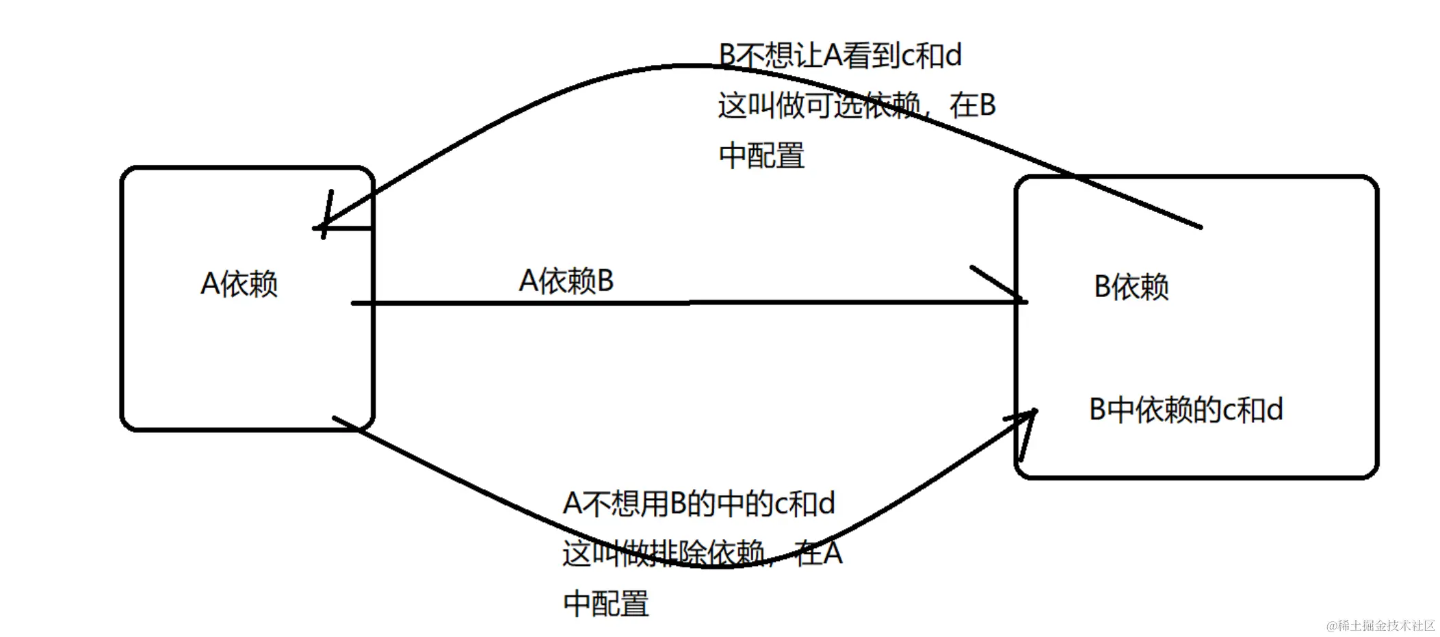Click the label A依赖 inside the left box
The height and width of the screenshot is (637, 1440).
[239, 283]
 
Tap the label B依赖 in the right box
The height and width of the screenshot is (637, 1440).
[1131, 287]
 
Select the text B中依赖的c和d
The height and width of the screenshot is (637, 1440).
[1186, 410]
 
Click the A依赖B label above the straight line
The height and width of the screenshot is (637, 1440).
[566, 281]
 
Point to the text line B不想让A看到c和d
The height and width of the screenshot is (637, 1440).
[840, 55]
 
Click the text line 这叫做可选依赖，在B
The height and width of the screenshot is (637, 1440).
[856, 105]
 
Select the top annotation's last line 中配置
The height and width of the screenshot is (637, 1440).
[761, 155]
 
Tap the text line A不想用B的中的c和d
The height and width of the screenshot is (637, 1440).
[698, 504]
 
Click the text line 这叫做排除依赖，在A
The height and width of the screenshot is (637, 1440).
[702, 553]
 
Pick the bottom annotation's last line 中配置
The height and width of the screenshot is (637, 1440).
[606, 603]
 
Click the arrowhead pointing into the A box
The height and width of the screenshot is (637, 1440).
[320, 226]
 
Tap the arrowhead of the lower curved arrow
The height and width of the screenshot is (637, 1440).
[1033, 413]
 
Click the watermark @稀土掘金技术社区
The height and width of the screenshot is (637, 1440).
[1380, 625]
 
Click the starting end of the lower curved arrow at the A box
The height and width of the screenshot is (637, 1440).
[335, 417]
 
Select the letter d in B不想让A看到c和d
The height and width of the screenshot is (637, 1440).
[952, 55]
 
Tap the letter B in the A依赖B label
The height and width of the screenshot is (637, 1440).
[605, 281]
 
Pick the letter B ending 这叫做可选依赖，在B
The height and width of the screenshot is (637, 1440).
[986, 105]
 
